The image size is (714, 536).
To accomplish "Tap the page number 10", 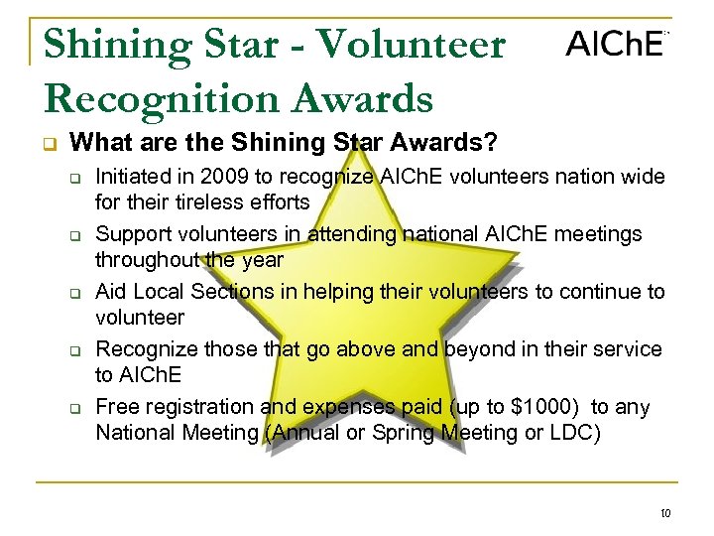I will click(x=663, y=513).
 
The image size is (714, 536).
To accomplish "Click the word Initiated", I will click(x=131, y=178).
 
